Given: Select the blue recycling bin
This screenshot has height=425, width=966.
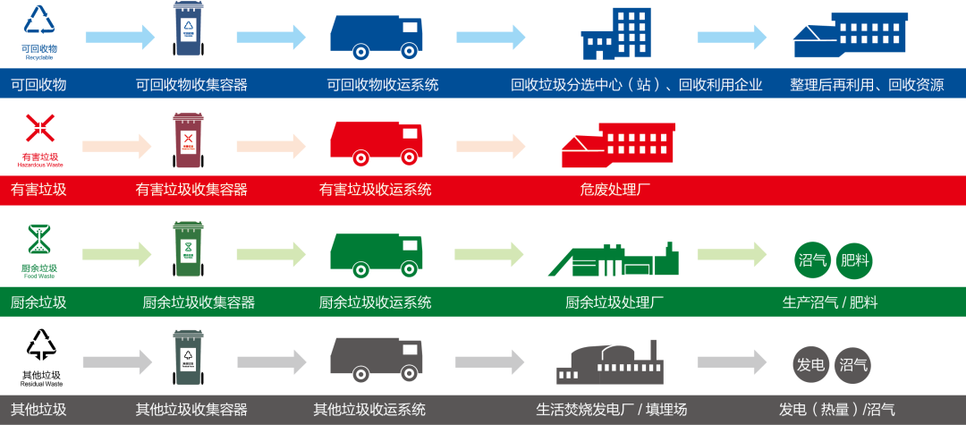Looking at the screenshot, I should pyautogui.click(x=189, y=29).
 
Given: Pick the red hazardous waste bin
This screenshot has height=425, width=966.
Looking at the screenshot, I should pyautogui.click(x=188, y=139).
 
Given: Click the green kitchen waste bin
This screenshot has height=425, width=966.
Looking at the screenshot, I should pyautogui.click(x=189, y=250).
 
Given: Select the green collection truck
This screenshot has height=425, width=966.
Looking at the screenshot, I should pyautogui.click(x=376, y=254).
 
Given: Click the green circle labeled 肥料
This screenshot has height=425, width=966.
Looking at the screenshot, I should pyautogui.click(x=853, y=261).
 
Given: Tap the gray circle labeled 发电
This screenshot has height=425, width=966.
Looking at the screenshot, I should pyautogui.click(x=810, y=364).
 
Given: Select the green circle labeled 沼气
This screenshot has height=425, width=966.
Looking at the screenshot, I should pyautogui.click(x=810, y=261).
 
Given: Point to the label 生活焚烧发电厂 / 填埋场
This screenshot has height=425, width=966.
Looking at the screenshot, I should pyautogui.click(x=612, y=410).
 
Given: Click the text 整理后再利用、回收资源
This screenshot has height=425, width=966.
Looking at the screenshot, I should pyautogui.click(x=866, y=85).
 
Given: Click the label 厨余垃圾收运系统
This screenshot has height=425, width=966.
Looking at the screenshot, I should pyautogui.click(x=375, y=302).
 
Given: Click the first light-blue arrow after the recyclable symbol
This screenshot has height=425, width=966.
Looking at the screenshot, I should pyautogui.click(x=120, y=37).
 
